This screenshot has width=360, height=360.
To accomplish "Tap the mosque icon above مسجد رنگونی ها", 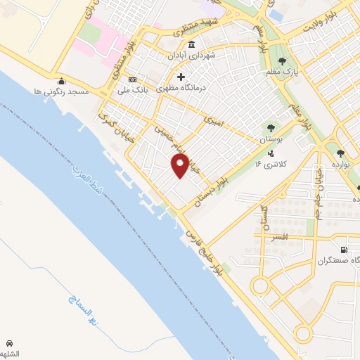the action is (61, 81).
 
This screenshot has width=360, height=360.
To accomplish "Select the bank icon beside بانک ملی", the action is (132, 79).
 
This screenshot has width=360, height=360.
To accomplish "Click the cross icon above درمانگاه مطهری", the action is (181, 77).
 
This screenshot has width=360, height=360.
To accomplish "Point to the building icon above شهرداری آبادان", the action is (192, 44).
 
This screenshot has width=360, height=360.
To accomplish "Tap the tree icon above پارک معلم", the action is (283, 61).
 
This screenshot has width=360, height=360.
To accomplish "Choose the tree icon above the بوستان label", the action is (270, 129).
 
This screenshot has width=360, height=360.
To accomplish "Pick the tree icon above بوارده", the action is (340, 153).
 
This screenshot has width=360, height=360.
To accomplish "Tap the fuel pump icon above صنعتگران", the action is (343, 249).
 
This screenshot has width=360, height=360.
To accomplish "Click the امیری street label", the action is (213, 122).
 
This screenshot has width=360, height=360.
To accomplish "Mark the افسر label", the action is (279, 238).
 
